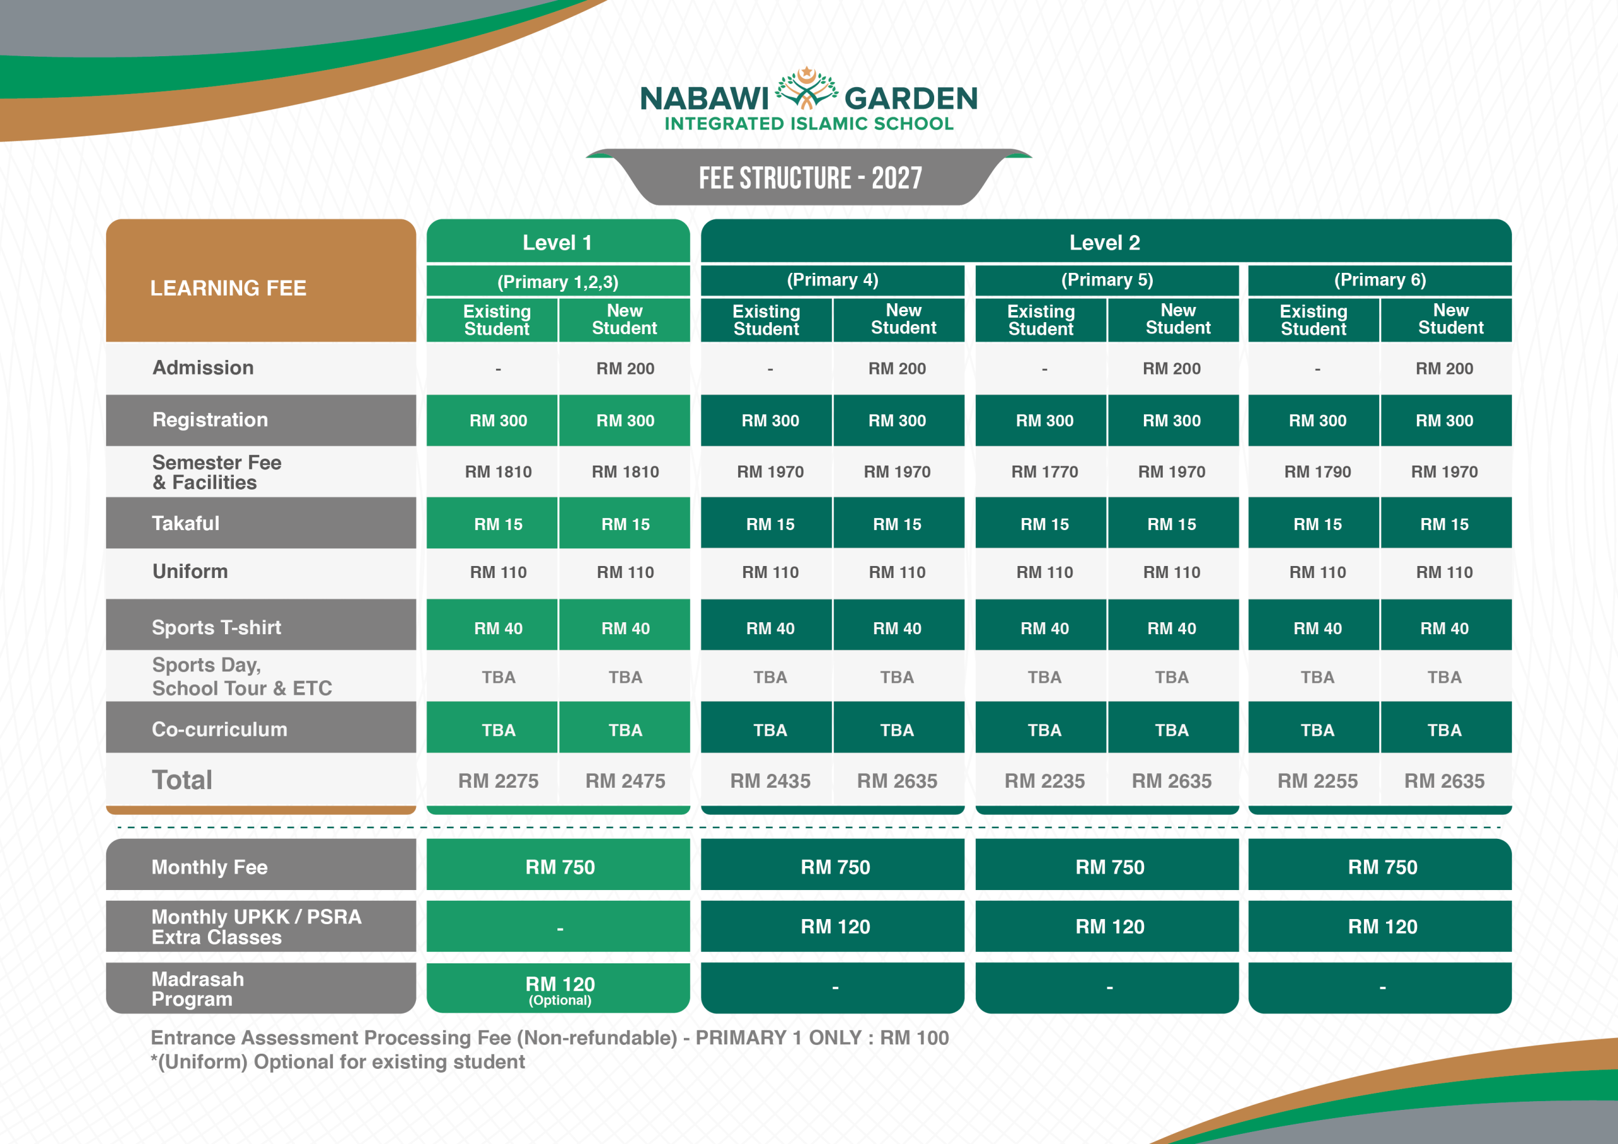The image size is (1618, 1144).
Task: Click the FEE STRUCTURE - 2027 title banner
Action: [810, 178]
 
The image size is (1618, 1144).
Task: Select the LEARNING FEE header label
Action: [228, 288]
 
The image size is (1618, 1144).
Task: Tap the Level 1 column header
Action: [557, 243]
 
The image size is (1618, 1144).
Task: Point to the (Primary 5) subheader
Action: [1107, 280]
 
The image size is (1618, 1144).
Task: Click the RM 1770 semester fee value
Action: [1044, 472]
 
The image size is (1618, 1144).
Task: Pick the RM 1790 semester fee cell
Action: [1317, 472]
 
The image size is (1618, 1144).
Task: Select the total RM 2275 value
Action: [498, 781]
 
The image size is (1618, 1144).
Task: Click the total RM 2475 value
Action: [625, 781]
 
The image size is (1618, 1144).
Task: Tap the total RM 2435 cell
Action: [770, 781]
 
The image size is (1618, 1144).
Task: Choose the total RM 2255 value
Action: [1317, 781]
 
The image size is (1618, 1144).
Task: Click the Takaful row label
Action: [186, 524]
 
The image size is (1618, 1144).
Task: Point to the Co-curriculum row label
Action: [220, 729]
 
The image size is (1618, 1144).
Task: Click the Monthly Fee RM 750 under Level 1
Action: [560, 867]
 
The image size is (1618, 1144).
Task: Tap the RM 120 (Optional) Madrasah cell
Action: [560, 990]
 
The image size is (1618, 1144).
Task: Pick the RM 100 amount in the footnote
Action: [915, 1038]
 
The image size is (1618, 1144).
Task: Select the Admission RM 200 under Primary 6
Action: [1444, 368]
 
